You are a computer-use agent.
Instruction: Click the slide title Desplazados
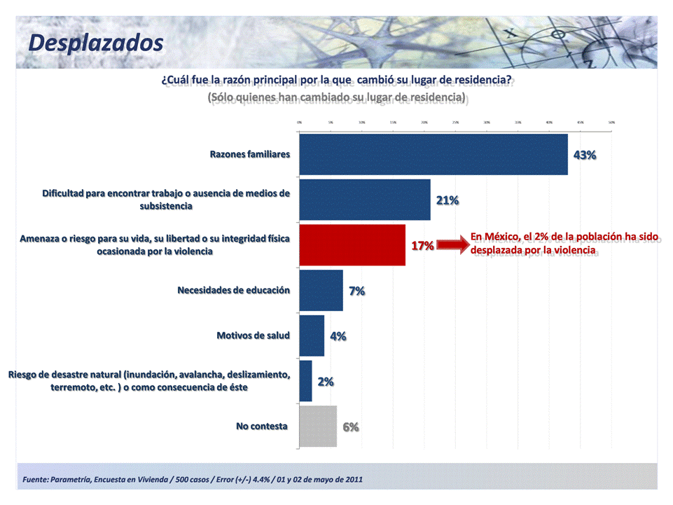tap(96, 42)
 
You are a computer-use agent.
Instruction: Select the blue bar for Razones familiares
tap(433, 154)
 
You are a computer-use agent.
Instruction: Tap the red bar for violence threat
tap(352, 245)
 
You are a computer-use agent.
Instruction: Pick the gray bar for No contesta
tap(318, 426)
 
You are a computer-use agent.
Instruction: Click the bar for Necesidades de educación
tap(321, 290)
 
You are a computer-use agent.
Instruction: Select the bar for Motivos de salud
tap(312, 335)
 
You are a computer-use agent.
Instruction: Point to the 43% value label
tap(585, 155)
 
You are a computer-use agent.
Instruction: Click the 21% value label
tap(447, 200)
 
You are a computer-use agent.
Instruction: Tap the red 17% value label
tap(422, 246)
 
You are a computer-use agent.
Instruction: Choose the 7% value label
tap(357, 291)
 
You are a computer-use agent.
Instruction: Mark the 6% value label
tap(351, 427)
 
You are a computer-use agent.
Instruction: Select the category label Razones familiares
tap(250, 154)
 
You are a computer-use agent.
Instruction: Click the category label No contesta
tap(262, 425)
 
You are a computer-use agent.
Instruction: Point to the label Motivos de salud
tap(253, 335)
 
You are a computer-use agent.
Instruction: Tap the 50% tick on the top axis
tap(611, 122)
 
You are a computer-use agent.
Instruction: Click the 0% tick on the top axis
tap(300, 122)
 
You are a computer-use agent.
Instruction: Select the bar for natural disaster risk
tap(306, 381)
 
